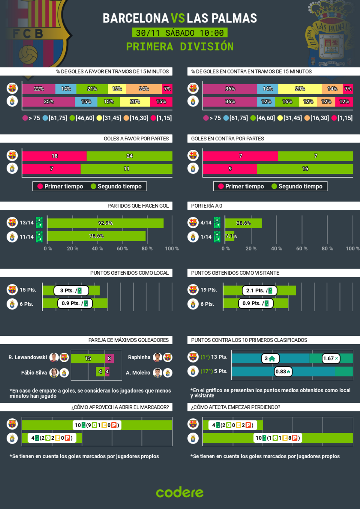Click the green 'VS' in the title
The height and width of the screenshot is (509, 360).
(178, 18)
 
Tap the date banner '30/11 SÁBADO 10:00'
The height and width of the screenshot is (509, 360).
(180, 33)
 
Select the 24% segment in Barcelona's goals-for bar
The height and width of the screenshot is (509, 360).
(144, 89)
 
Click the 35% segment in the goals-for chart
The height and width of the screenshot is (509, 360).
(48, 102)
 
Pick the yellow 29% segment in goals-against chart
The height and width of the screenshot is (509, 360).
(300, 89)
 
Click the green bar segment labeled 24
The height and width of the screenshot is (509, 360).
(129, 156)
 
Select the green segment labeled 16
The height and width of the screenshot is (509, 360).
(305, 169)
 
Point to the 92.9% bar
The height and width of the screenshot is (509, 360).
(105, 223)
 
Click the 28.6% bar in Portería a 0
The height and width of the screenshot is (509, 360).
(243, 223)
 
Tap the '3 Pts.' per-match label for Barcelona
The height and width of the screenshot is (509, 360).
(71, 291)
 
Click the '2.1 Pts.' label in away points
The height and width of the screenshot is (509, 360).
(259, 291)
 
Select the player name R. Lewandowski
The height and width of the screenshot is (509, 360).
(28, 357)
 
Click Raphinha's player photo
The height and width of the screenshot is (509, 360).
(157, 357)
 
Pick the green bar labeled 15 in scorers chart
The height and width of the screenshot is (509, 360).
(88, 358)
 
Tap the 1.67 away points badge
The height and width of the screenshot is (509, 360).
(331, 358)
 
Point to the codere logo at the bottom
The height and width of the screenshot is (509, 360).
(180, 492)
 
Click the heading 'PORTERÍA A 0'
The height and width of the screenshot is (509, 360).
(207, 206)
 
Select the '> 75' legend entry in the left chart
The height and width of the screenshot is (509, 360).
(31, 118)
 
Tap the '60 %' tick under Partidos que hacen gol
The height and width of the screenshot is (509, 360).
(122, 249)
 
